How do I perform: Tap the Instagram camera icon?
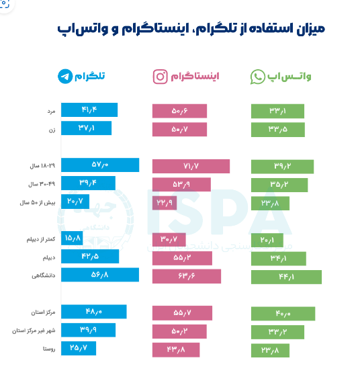160,77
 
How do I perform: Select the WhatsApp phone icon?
258,77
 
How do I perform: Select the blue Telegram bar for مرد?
89,110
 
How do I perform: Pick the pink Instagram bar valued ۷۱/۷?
191,166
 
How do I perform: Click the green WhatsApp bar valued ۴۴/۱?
286,276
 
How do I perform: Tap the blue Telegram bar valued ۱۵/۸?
72,238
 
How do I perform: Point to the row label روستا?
48,349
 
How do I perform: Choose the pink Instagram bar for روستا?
176,349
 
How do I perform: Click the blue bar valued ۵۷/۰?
100,165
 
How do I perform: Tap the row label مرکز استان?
42,312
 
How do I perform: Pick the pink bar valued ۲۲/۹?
165,202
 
